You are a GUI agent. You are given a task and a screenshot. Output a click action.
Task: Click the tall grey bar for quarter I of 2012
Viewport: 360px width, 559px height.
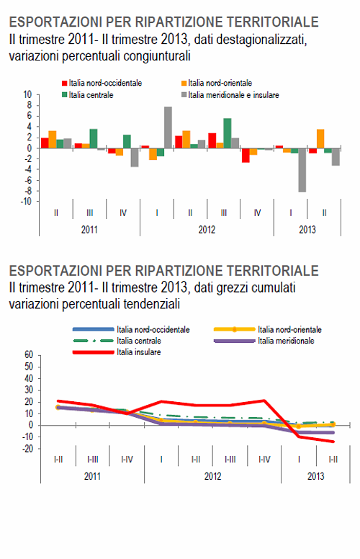pyautogui.click(x=168, y=128)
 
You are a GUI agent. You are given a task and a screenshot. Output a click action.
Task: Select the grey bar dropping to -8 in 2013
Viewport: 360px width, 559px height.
pyautogui.click(x=302, y=170)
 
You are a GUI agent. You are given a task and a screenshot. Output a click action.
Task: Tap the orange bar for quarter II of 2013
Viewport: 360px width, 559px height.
pyautogui.click(x=320, y=139)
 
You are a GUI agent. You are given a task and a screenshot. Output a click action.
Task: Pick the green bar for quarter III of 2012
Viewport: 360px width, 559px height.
pyautogui.click(x=228, y=133)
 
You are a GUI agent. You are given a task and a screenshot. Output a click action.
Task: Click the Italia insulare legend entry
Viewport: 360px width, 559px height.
pyautogui.click(x=137, y=352)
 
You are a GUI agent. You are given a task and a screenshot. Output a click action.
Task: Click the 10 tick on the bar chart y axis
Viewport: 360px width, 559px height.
pyautogui.click(x=28, y=94)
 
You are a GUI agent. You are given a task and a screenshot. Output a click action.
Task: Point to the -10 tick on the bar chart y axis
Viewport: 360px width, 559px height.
pyautogui.click(x=27, y=202)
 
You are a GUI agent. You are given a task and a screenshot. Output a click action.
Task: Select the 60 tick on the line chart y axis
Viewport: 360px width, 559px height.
pyautogui.click(x=29, y=354)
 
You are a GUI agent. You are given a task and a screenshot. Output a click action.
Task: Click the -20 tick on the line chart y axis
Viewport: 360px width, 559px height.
pyautogui.click(x=27, y=448)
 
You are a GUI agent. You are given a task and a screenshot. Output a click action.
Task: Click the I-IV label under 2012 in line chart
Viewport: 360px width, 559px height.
pyautogui.click(x=264, y=459)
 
